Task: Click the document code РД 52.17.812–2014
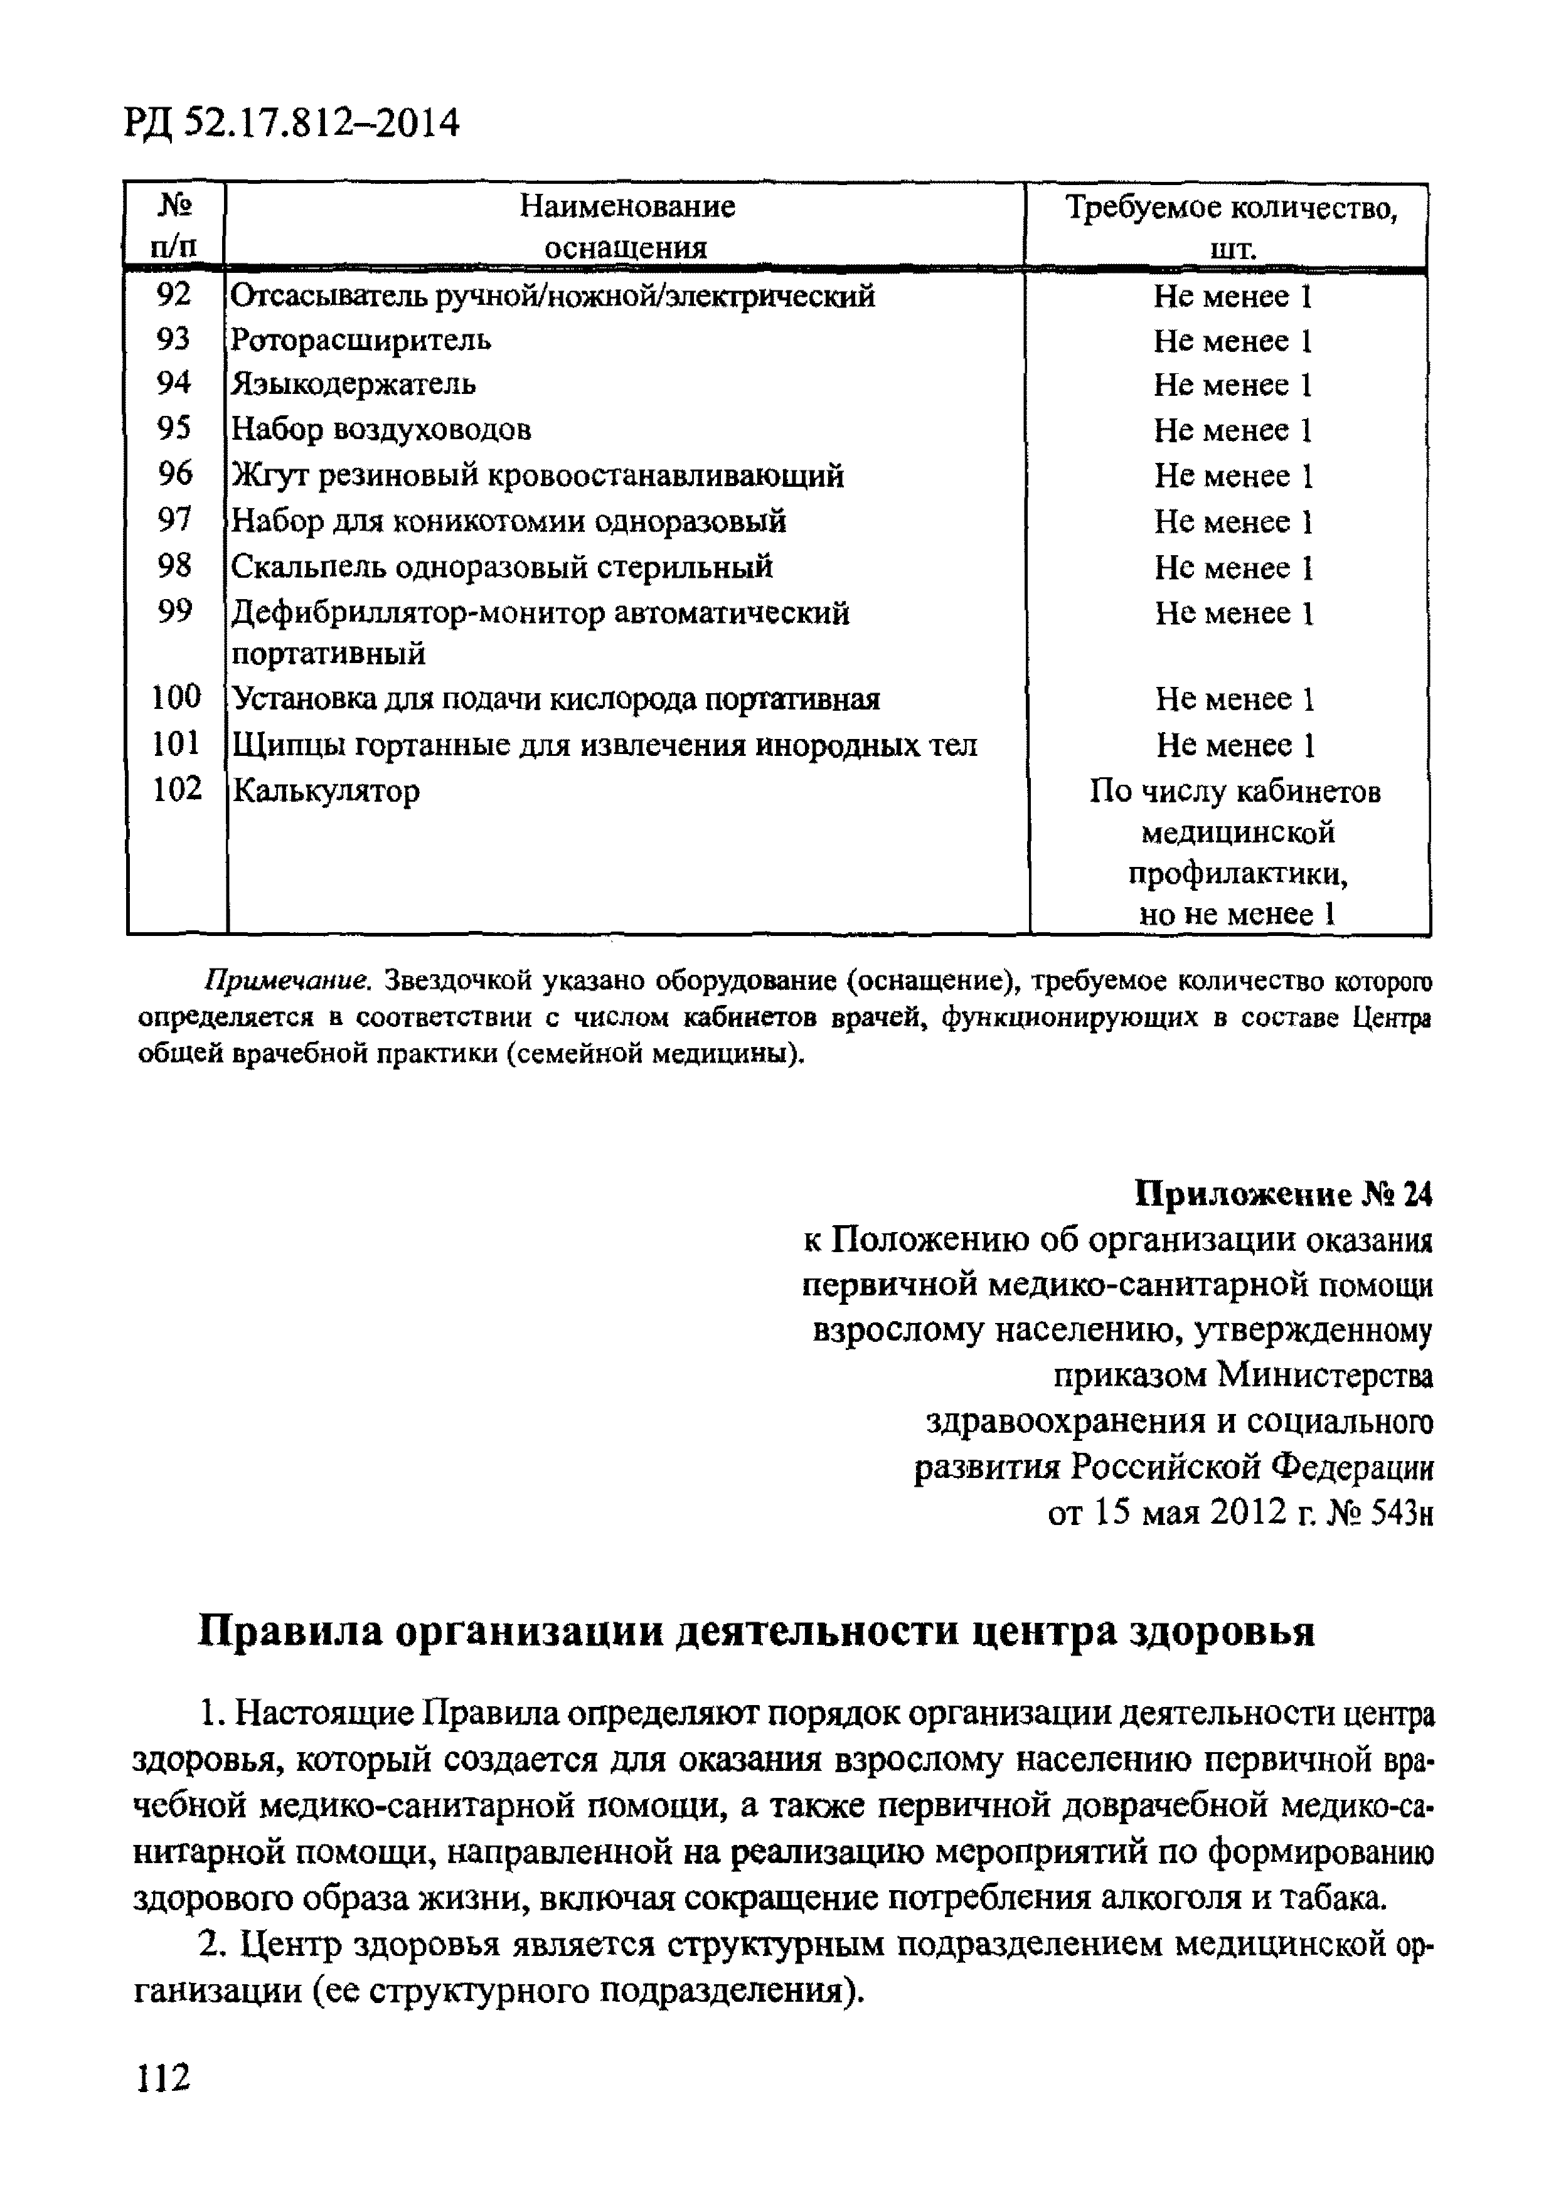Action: pyautogui.click(x=292, y=124)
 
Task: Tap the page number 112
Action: pyautogui.click(x=164, y=2077)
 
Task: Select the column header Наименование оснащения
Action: pyautogui.click(x=627, y=227)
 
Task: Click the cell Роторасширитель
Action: pyautogui.click(x=362, y=340)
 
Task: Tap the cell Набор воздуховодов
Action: pyautogui.click(x=381, y=429)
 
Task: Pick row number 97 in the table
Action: pyautogui.click(x=173, y=519)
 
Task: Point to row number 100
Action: pyautogui.click(x=176, y=696)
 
